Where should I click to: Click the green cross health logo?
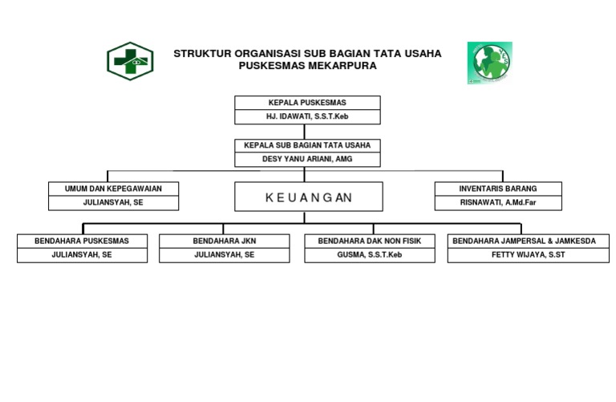tap(130, 61)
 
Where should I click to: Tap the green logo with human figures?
tap(490, 63)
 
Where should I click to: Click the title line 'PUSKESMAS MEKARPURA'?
tap(307, 66)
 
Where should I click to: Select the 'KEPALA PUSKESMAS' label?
tap(307, 103)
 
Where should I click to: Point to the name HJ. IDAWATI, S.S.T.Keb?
tap(307, 117)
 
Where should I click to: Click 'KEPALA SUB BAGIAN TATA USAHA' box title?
tap(307, 146)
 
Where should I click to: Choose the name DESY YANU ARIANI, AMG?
tap(307, 159)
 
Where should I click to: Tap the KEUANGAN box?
tap(308, 197)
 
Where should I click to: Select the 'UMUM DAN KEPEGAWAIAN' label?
tap(113, 189)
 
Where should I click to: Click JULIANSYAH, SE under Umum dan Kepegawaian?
tap(113, 203)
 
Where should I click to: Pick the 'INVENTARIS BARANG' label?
tap(498, 189)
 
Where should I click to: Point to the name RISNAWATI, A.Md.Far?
tap(498, 203)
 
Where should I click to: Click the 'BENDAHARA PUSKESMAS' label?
tap(82, 241)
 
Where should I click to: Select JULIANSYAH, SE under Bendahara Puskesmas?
tap(82, 255)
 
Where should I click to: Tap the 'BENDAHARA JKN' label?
tap(225, 241)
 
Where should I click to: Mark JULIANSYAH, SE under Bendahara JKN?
tap(225, 255)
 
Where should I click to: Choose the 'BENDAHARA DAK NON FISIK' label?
tap(370, 241)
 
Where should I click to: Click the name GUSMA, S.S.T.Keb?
tap(370, 255)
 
